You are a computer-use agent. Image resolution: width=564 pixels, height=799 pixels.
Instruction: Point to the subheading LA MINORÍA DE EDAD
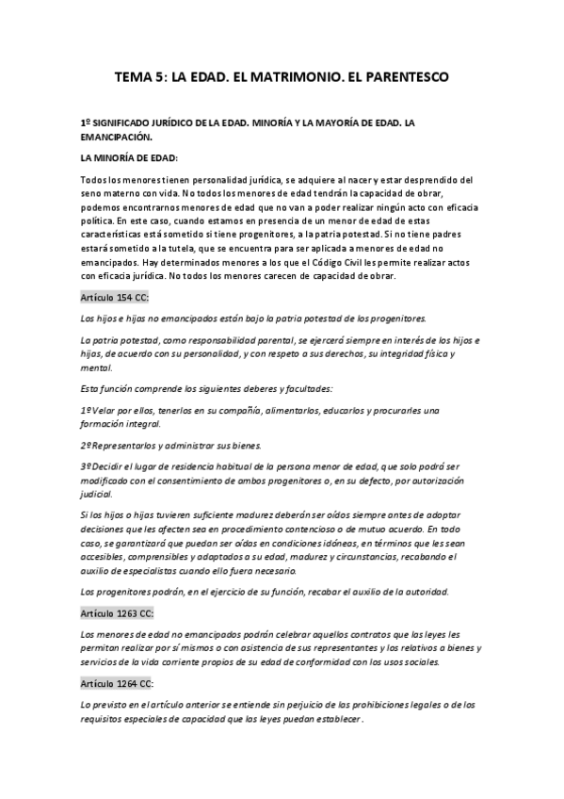coord(129,157)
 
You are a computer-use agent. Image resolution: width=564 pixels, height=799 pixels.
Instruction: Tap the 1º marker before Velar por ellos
coord(89,411)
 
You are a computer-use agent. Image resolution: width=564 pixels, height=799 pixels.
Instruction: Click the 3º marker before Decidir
coord(89,467)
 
